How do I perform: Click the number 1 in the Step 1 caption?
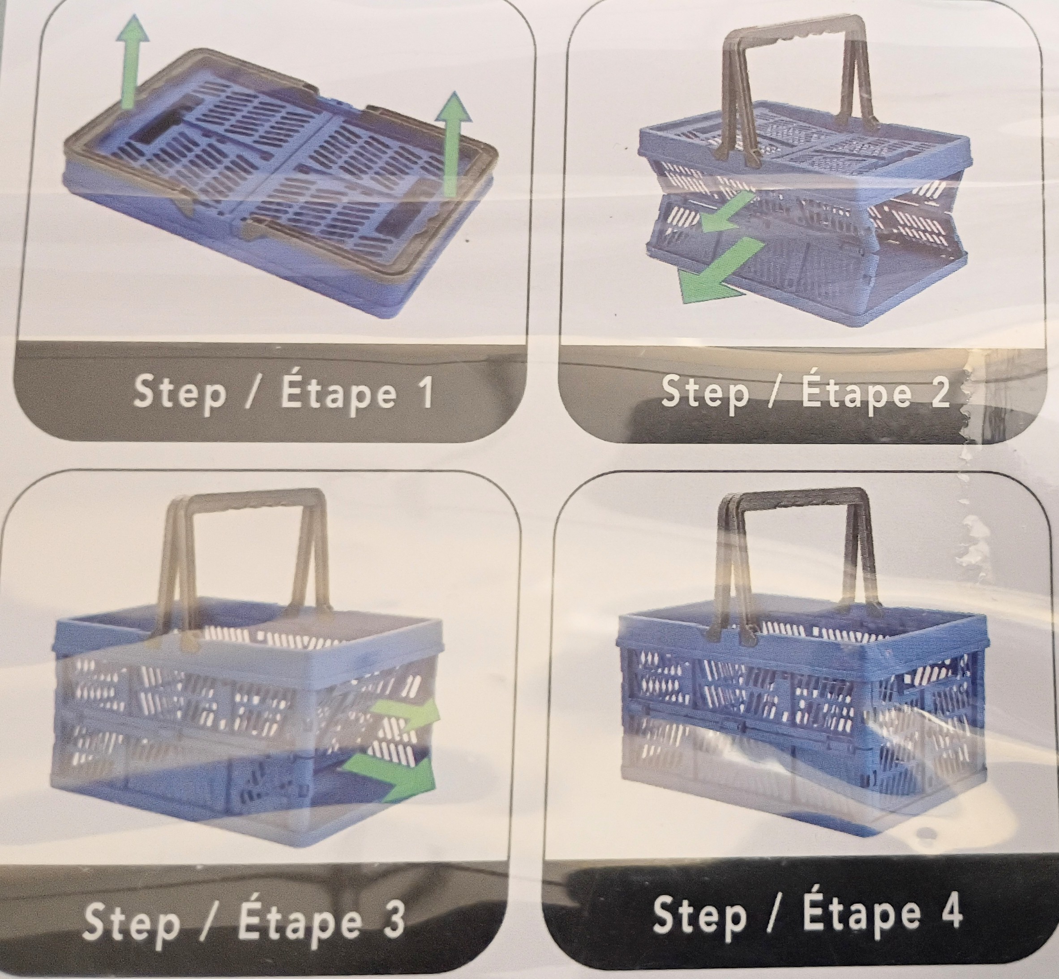tap(423, 393)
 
